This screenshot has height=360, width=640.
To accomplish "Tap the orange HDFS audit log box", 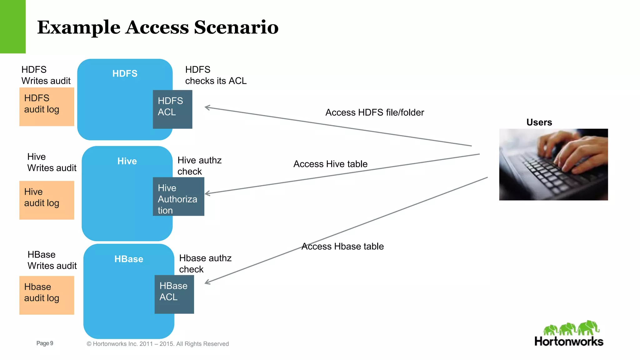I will point(47,107).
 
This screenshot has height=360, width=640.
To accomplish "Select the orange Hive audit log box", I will point(47,200).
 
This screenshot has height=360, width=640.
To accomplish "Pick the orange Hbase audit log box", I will point(47,295).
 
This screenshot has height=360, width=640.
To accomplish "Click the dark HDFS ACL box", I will point(172,109).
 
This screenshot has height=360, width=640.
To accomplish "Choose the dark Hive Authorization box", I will point(178,197).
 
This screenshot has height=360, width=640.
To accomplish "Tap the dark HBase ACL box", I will point(174,294).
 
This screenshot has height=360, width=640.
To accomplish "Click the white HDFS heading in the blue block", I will point(125,73).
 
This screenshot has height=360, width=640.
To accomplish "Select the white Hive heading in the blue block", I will point(127,161).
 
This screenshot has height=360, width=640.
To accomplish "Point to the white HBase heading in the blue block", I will point(128,259).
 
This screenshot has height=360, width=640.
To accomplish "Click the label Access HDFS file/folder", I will point(374,112).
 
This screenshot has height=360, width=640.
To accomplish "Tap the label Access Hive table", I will point(330,164).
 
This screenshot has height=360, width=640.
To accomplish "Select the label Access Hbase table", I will point(342,247).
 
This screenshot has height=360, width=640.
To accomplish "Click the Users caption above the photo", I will point(539,122).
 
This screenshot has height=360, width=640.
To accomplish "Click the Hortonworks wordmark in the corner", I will point(569,341).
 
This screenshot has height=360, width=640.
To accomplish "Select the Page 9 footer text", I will point(45,343).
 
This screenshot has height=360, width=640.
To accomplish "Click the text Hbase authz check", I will point(205,263).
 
